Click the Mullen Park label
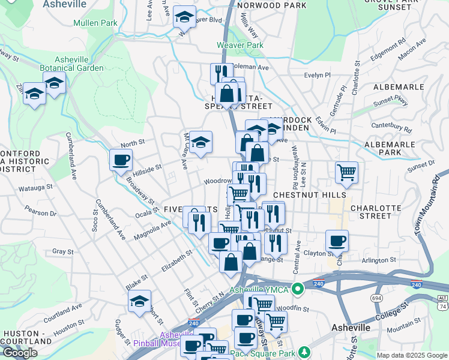pos(95,23)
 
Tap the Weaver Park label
pos(240,45)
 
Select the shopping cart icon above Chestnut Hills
pos(346,172)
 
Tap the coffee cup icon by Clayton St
pos(337,241)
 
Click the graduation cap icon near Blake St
pos(139,301)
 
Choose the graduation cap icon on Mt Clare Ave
pos(201,142)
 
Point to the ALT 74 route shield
pos(442,301)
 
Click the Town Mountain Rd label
pos(426,198)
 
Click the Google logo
pos(20,353)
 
